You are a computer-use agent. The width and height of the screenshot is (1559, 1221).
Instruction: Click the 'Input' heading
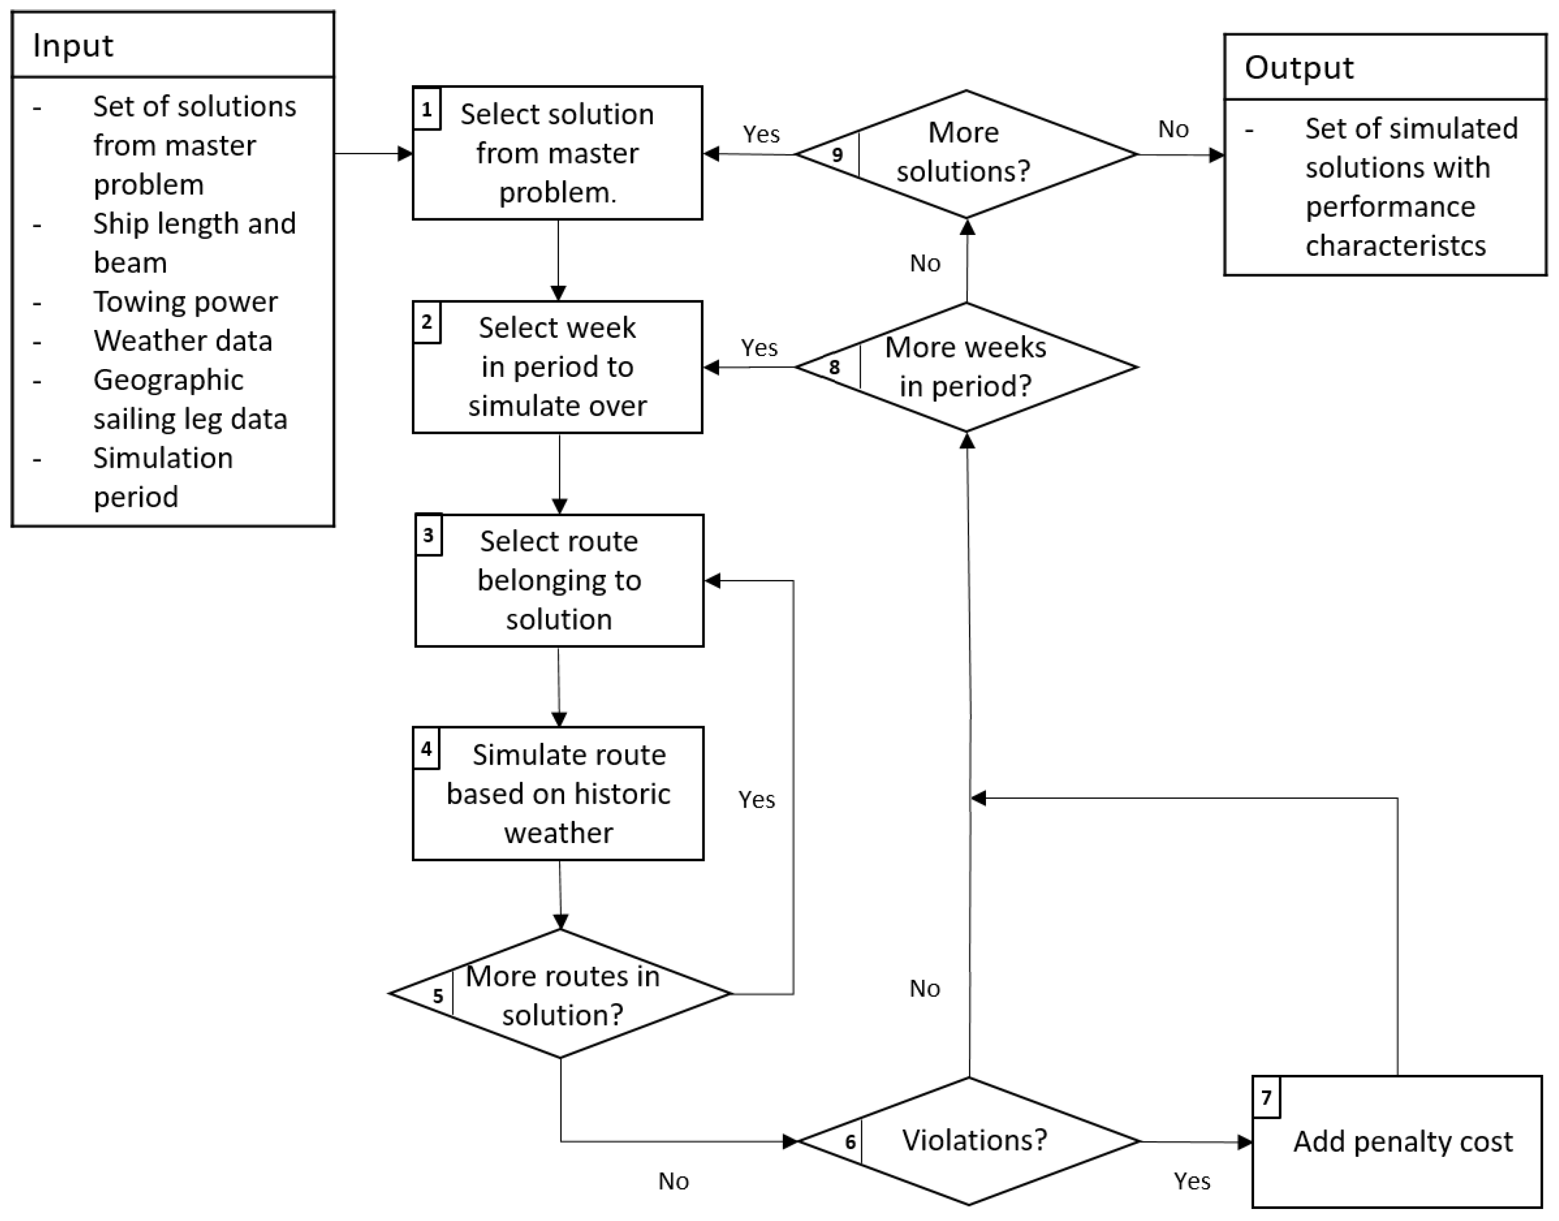73,46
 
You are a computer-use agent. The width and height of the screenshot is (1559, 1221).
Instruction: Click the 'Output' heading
1298,68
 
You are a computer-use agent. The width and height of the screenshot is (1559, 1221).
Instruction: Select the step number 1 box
427,110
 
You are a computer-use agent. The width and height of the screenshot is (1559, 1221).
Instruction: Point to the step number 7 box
1266,1097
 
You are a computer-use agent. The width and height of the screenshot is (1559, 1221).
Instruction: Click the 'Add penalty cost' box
1402,1142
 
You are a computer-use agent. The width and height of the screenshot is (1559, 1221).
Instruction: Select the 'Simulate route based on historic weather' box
558,793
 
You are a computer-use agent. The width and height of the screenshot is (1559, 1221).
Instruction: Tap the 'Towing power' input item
185,302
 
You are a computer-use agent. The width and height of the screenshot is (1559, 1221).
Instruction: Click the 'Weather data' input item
183,341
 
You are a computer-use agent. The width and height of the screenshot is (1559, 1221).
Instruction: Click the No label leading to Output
1173,129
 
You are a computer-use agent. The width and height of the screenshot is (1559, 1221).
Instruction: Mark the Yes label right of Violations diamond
1192,1181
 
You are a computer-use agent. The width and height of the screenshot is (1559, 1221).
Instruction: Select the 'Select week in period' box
557,367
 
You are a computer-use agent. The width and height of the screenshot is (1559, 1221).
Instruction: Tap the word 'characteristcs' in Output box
1395,246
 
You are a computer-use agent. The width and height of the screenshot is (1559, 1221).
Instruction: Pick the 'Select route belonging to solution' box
559,580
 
